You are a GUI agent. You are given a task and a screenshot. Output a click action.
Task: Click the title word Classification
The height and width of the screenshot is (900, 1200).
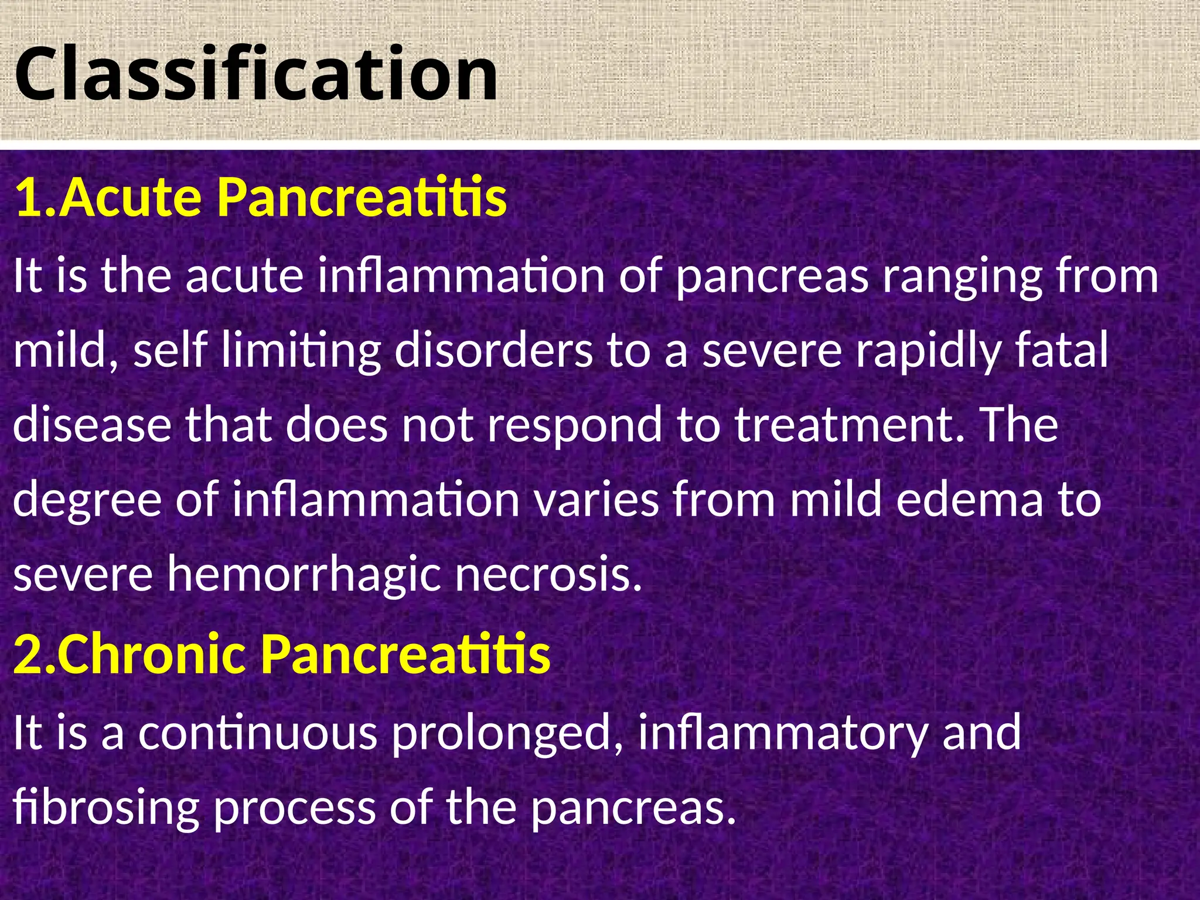256,74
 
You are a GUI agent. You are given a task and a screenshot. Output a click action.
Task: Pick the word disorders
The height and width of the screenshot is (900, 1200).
493,350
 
